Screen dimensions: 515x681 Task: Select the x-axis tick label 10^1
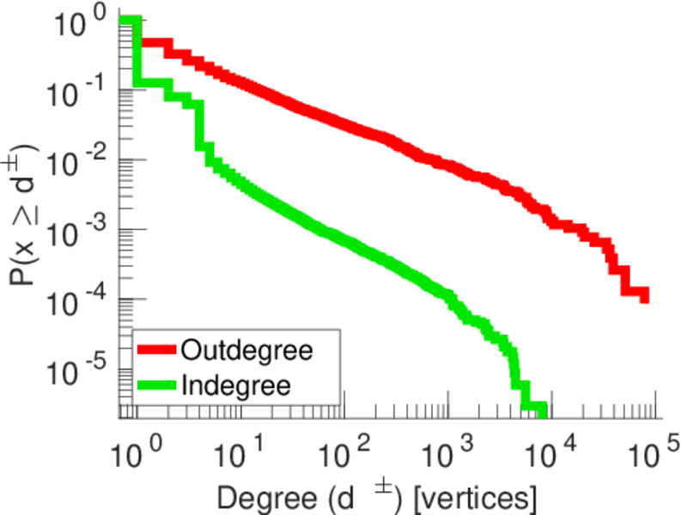click(x=237, y=450)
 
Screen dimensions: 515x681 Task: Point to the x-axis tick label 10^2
click(x=342, y=450)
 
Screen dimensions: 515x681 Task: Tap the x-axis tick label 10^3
click(x=447, y=450)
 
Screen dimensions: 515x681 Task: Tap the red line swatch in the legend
click(x=156, y=350)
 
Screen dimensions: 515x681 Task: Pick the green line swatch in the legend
click(x=156, y=385)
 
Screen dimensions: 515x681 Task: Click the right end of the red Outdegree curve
click(x=644, y=296)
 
